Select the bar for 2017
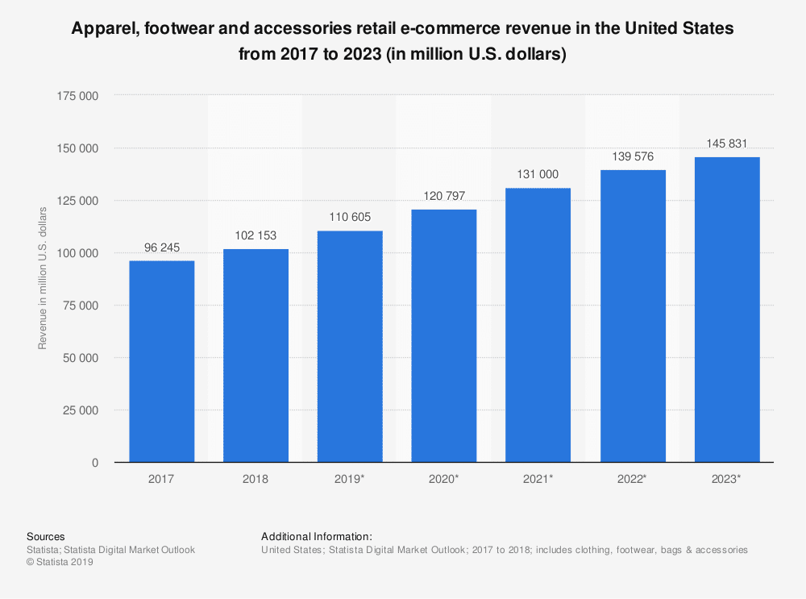pos(161,361)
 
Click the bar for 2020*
pos(444,335)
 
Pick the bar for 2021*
pos(538,325)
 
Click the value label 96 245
pos(161,248)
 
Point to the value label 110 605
pos(350,218)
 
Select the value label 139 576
pos(633,157)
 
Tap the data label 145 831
pos(727,144)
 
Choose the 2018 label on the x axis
pos(256,478)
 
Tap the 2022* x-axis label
pos(633,478)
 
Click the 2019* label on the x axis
pos(350,478)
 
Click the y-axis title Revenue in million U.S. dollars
pos(43,278)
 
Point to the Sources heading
pos(46,536)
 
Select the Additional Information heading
pos(317,536)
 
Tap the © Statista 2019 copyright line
pos(60,563)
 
